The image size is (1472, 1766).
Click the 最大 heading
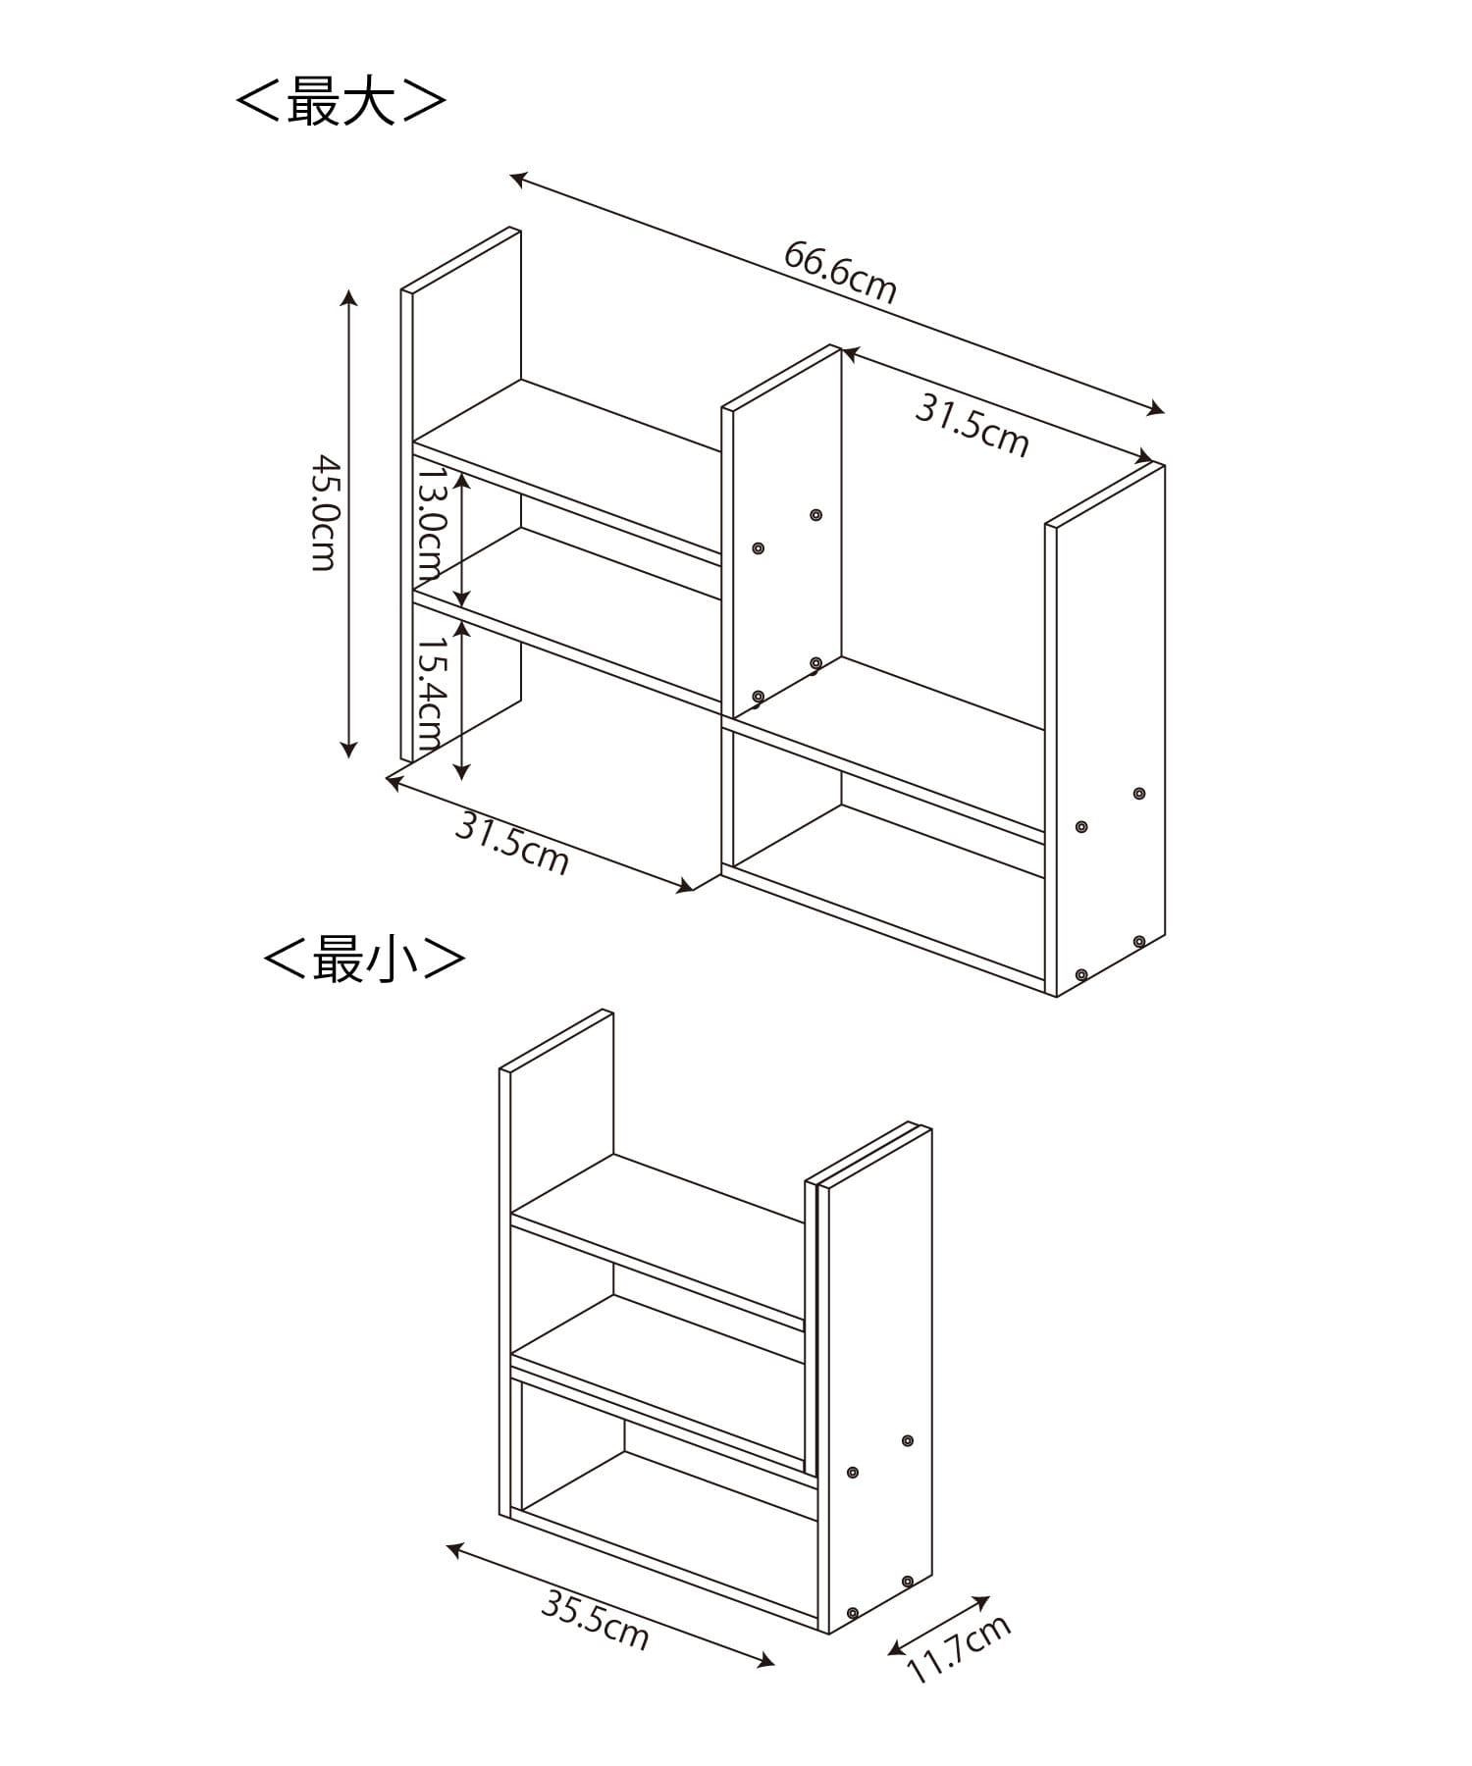(342, 101)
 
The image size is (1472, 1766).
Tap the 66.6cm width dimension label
(840, 272)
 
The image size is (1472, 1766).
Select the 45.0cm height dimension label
(324, 511)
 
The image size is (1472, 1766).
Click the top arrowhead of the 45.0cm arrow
(348, 296)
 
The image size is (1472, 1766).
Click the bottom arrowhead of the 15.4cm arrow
(463, 773)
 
